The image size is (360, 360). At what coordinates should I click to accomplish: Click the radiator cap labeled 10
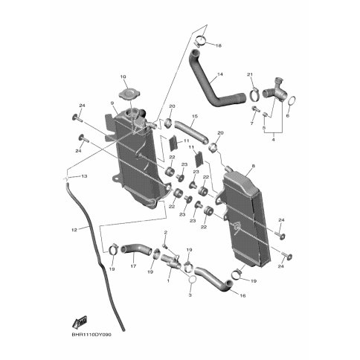pyautogui.click(x=129, y=94)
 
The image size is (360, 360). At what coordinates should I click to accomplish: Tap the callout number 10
pyautogui.click(x=123, y=77)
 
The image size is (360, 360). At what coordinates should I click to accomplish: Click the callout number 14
pyautogui.click(x=220, y=74)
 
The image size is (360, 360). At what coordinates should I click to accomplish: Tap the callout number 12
pyautogui.click(x=74, y=230)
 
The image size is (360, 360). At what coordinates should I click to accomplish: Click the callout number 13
pyautogui.click(x=84, y=176)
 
